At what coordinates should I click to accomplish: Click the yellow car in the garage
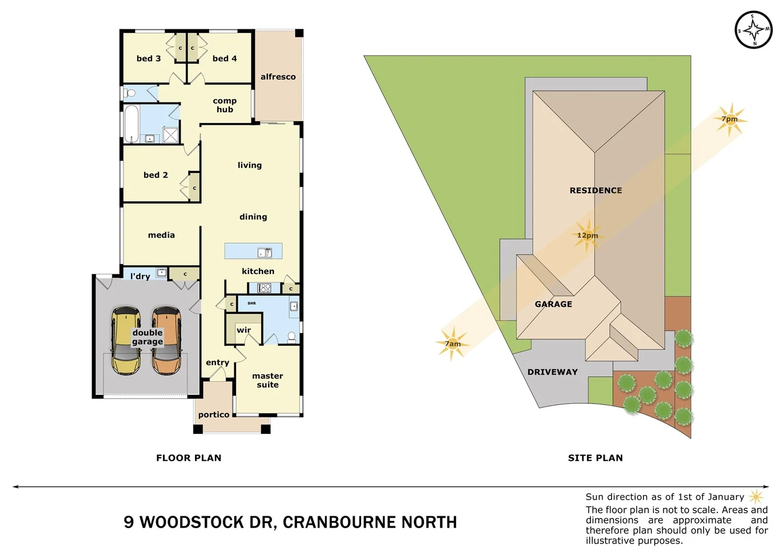tap(125, 340)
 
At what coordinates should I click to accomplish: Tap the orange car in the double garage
tap(166, 340)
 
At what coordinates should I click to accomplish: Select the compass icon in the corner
tap(753, 30)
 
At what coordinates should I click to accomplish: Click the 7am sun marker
tap(452, 344)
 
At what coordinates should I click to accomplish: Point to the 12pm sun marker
tap(587, 235)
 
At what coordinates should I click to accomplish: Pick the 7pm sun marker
tap(730, 119)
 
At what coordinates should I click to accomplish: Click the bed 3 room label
tap(148, 58)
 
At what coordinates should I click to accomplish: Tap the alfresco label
tap(278, 77)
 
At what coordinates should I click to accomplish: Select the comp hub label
tap(225, 105)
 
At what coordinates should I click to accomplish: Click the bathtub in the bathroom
tap(131, 124)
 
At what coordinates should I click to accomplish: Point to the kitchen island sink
tap(265, 252)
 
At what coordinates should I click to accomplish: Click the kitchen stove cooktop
tap(264, 288)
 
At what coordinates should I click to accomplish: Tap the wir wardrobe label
tap(243, 330)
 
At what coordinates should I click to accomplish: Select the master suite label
tap(267, 380)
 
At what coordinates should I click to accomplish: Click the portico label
tap(213, 414)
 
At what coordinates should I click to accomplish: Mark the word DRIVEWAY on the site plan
tap(552, 372)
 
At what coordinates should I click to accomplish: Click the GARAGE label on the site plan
tap(553, 304)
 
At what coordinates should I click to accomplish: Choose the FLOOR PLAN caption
tap(189, 458)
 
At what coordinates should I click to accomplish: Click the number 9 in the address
tap(129, 522)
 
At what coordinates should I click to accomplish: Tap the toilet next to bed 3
tap(130, 93)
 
